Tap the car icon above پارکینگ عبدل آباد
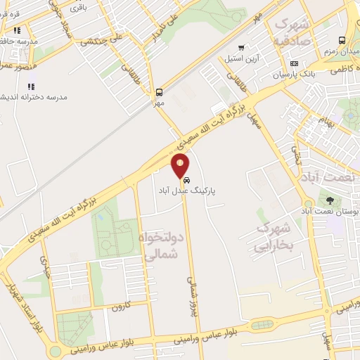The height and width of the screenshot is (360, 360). click(x=186, y=181)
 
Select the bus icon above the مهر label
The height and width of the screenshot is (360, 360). click(x=160, y=92)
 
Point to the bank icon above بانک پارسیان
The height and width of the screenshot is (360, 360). click(x=294, y=64)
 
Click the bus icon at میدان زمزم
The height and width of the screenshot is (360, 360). click(x=342, y=40)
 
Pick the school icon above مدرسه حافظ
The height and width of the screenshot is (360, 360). click(x=17, y=30)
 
